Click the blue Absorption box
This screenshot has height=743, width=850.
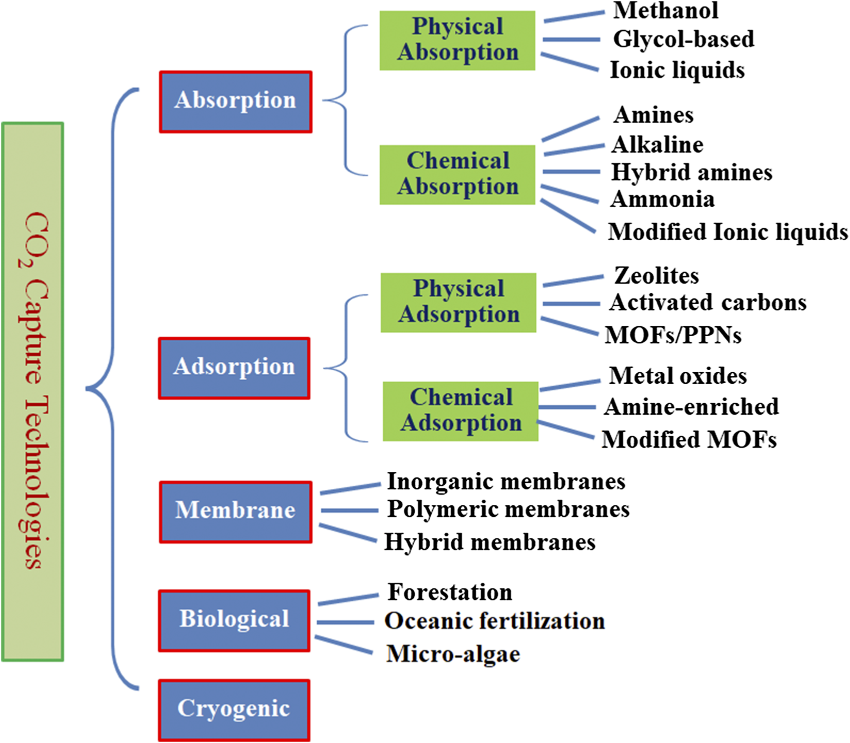click(x=236, y=102)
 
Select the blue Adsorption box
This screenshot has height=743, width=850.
click(x=234, y=368)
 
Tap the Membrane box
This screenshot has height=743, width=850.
click(x=236, y=512)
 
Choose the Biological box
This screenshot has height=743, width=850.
click(x=234, y=620)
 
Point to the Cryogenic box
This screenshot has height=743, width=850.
click(x=234, y=709)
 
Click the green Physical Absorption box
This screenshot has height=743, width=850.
click(x=457, y=40)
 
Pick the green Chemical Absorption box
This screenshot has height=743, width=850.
click(x=457, y=174)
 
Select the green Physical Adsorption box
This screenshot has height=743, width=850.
click(x=458, y=302)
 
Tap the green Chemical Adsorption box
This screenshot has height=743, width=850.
click(x=460, y=411)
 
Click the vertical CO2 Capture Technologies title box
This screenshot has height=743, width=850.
click(x=33, y=392)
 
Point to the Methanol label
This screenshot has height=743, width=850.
click(x=665, y=11)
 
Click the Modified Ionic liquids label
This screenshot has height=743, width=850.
click(x=727, y=232)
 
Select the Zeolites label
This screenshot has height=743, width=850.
click(x=656, y=276)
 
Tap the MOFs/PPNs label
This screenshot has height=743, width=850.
click(x=673, y=335)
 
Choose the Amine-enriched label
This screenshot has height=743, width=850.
click(x=691, y=407)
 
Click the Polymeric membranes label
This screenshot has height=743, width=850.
click(x=508, y=509)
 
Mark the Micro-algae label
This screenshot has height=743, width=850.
click(x=453, y=654)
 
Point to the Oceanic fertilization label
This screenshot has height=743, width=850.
click(x=494, y=621)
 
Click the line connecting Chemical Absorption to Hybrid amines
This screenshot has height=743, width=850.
click(x=571, y=172)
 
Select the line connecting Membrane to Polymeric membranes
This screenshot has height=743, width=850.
click(x=349, y=510)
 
